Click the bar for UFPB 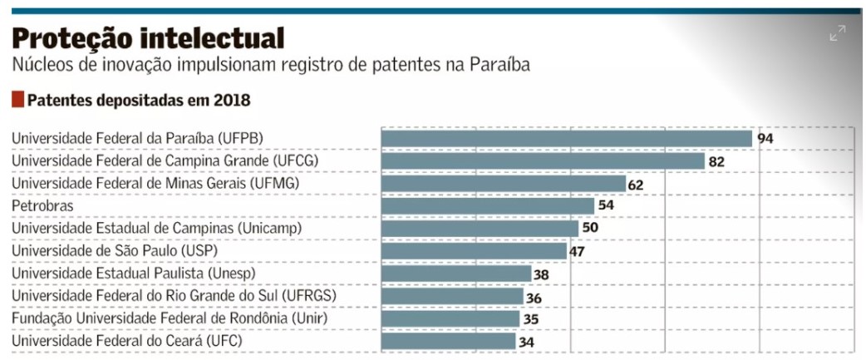pos(566,138)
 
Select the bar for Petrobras pos(488,205)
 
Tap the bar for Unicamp pos(480,228)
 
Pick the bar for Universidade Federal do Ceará pos(448,341)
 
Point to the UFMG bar pos(503,183)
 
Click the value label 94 pos(765,138)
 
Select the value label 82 pos(716,161)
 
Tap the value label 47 pos(578,251)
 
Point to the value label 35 pos(532,318)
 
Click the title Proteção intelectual pos(148,37)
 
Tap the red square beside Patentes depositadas pos(17,100)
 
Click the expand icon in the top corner pos(837,33)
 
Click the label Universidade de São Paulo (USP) pos(115,250)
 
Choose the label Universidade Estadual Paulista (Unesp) pos(133,273)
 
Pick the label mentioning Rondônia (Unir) pos(169,318)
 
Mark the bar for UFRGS pos(452,296)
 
